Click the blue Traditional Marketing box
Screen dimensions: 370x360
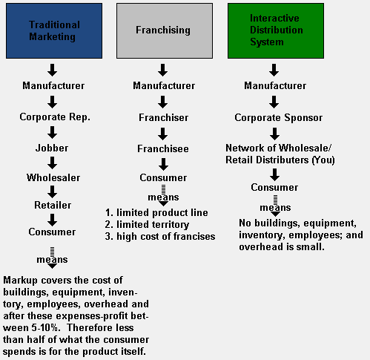(54, 31)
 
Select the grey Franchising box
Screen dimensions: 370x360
(165, 31)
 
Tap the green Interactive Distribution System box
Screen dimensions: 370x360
(276, 31)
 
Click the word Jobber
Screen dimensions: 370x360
(52, 148)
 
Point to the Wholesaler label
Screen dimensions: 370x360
(53, 177)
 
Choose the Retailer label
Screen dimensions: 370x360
(53, 205)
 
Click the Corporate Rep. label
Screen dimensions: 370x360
(55, 117)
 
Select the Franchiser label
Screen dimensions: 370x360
(164, 117)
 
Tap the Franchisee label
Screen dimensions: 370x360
(163, 148)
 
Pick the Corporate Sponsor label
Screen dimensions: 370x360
(279, 118)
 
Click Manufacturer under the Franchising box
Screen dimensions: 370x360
(164, 85)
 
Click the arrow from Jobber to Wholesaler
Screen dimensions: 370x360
(52, 163)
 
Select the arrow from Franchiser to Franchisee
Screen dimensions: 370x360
(163, 134)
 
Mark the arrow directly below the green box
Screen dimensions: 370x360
(274, 70)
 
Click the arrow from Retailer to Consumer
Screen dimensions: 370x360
(52, 220)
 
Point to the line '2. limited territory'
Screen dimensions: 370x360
(147, 225)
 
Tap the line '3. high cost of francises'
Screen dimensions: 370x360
(160, 237)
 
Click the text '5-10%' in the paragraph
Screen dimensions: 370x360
(46, 328)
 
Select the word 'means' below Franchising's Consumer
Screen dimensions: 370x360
(163, 197)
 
